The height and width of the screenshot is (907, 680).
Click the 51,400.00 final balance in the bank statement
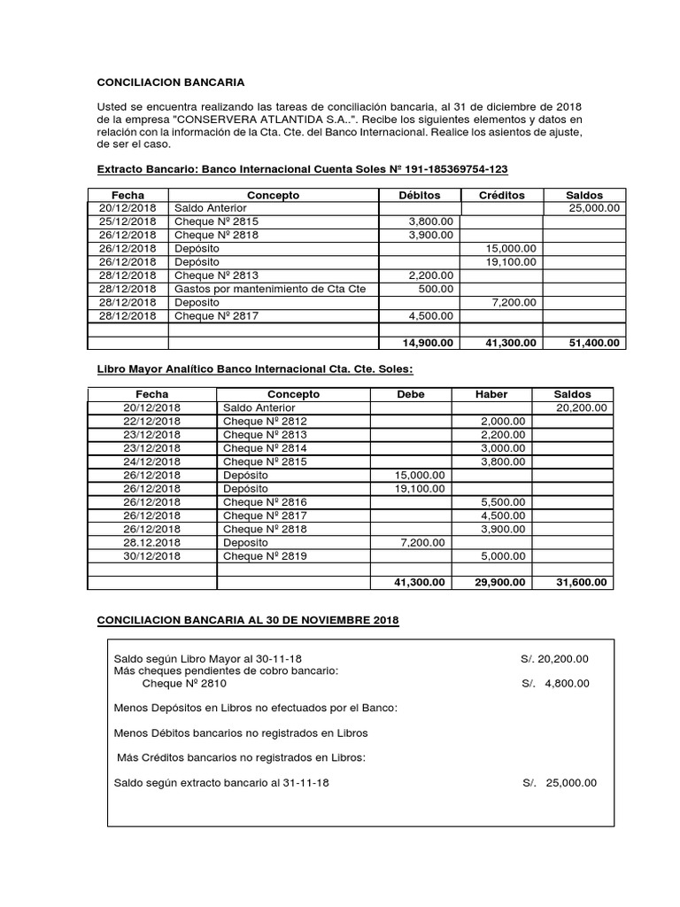(593, 343)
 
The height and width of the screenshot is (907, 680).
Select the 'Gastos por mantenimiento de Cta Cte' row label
(258, 289)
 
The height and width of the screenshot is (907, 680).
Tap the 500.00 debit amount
(437, 289)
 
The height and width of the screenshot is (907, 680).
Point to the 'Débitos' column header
(419, 195)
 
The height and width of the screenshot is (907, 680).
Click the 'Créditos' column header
(501, 195)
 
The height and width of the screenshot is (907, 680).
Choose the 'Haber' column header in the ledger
(491, 394)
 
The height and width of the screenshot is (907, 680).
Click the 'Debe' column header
(411, 394)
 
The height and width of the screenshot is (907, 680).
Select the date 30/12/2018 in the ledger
(152, 555)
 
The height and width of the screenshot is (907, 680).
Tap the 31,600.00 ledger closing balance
(580, 582)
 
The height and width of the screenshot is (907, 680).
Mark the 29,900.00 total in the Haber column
(498, 582)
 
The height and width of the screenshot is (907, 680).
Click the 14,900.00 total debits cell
(428, 343)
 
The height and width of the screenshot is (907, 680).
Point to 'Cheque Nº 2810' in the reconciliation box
(184, 683)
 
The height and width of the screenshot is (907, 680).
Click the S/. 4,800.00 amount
(555, 683)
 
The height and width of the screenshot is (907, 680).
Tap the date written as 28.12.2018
(152, 541)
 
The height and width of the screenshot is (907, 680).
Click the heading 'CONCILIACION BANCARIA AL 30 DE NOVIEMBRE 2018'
(248, 621)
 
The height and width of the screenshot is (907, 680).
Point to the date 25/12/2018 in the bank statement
(128, 221)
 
